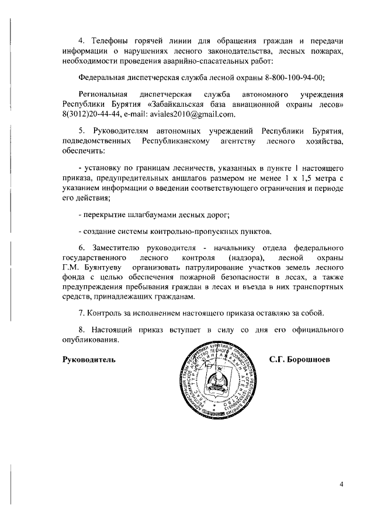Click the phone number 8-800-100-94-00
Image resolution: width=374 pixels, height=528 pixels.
click(292, 77)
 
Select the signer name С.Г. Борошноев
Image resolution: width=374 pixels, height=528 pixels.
click(300, 359)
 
